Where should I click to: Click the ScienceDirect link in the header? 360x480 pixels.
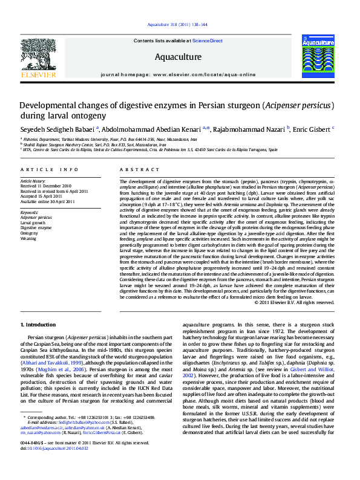pyautogui.click(x=208, y=41)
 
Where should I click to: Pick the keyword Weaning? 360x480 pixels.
pyautogui.click(x=29, y=239)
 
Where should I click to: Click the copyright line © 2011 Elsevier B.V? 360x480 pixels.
pyautogui.click(x=294, y=302)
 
